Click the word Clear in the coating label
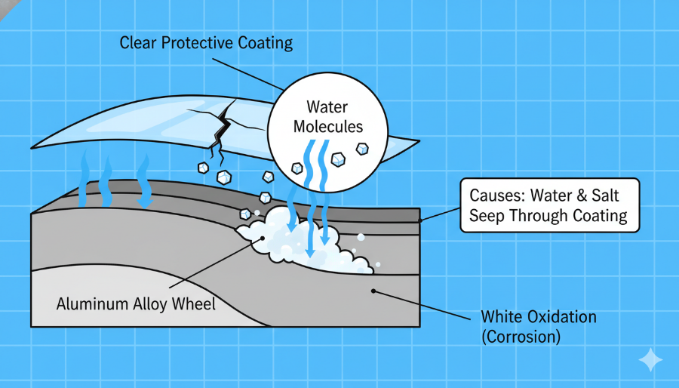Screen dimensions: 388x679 pyautogui.click(x=137, y=43)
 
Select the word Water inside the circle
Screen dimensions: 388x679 pyautogui.click(x=328, y=108)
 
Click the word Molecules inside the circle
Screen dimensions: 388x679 pyautogui.click(x=328, y=127)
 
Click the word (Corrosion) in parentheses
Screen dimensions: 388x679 pyautogui.click(x=520, y=337)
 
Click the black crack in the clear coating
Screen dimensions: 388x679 pyautogui.click(x=221, y=132)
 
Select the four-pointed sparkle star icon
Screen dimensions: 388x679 pyautogui.click(x=650, y=361)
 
